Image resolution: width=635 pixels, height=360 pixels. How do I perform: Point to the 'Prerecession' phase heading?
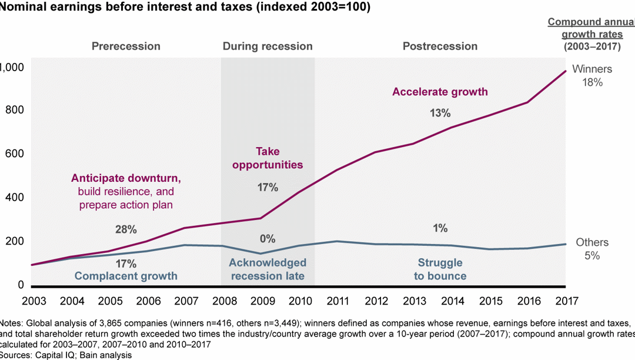[126, 46]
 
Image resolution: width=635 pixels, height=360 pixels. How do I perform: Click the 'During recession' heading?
[268, 46]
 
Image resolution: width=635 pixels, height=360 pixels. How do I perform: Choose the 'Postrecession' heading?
[440, 46]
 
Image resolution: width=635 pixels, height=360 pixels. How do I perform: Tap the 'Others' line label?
[591, 243]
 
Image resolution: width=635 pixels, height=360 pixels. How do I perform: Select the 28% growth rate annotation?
[125, 229]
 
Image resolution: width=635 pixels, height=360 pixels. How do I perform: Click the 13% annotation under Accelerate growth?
[440, 113]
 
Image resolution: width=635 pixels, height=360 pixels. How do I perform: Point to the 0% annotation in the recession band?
[268, 239]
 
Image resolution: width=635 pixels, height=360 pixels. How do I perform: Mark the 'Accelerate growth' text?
[440, 92]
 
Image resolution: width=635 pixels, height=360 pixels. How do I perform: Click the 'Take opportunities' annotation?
[268, 158]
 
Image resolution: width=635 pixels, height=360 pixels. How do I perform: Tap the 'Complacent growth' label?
[126, 276]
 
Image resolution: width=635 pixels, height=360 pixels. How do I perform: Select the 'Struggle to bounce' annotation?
[440, 269]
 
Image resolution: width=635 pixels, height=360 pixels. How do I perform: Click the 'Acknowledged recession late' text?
[268, 269]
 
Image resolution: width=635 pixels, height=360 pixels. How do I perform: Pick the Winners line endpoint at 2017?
[565, 71]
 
